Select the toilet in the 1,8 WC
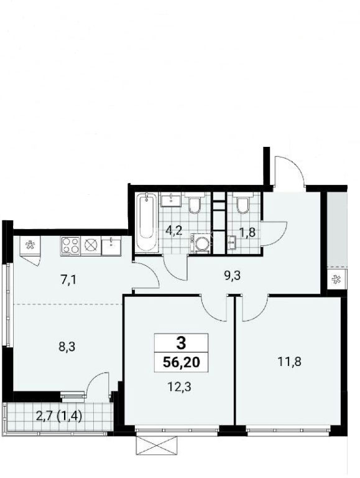[243, 202]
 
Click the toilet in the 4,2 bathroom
[195, 202]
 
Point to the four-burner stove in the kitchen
[70, 246]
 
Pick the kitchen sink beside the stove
[111, 246]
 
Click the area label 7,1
[68, 279]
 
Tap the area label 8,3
[67, 347]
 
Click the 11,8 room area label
[289, 362]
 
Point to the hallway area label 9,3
[232, 276]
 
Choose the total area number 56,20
[181, 362]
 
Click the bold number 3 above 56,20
[181, 344]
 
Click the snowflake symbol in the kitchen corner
[30, 245]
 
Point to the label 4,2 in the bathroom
[173, 231]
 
